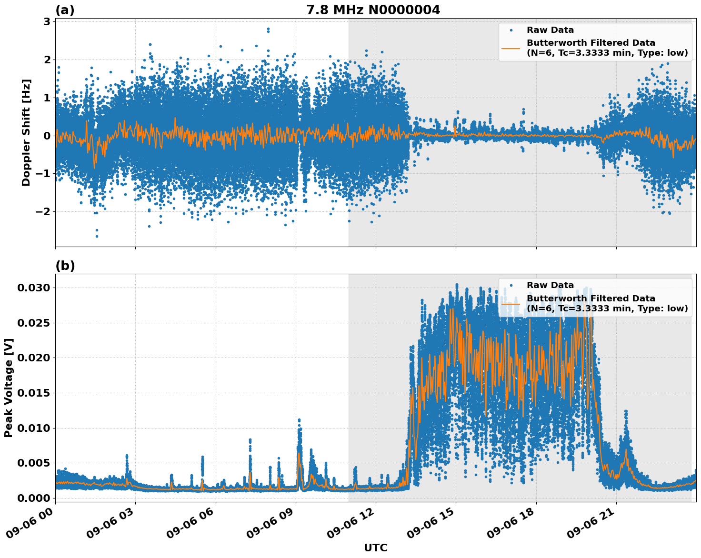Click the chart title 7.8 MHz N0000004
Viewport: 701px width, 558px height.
tap(373, 10)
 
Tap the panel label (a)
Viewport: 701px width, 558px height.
tap(65, 10)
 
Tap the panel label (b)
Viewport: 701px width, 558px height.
tap(65, 266)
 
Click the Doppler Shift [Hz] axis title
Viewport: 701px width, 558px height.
tap(26, 132)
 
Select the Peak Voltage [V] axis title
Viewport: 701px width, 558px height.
tap(9, 388)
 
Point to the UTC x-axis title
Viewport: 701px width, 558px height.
tap(375, 548)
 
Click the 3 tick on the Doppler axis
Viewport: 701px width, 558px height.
tap(47, 21)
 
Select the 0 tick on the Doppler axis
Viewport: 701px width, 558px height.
tap(47, 136)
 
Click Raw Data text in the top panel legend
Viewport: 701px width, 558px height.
tap(550, 30)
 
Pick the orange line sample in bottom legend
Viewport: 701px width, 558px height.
tap(511, 303)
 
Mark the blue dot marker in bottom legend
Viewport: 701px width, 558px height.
tap(511, 285)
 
